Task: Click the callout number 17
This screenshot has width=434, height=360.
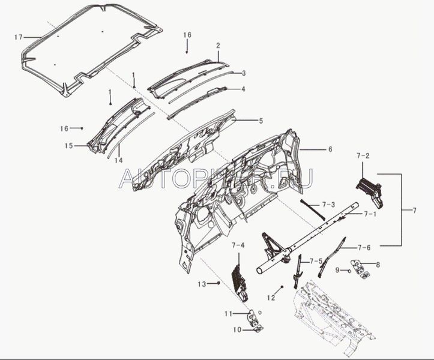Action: [x=18, y=37]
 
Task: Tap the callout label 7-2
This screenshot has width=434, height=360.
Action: [x=363, y=156]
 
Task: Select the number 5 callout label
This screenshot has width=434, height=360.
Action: [x=261, y=121]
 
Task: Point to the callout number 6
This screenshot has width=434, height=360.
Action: [x=330, y=149]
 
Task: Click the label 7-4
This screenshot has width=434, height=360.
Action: [x=238, y=245]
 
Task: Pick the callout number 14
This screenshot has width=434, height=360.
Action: [x=118, y=160]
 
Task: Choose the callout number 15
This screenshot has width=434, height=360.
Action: [x=69, y=146]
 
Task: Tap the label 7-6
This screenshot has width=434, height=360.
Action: [x=364, y=247]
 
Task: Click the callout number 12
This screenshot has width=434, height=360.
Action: [x=271, y=298]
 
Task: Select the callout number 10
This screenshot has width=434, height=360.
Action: [x=237, y=330]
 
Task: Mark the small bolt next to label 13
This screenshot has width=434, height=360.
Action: [x=219, y=283]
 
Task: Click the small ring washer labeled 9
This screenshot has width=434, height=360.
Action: [x=349, y=271]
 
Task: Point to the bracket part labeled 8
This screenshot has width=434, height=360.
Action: [x=360, y=268]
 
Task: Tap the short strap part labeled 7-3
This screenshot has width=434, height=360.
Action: [x=313, y=209]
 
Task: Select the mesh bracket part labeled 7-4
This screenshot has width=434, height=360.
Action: [x=240, y=283]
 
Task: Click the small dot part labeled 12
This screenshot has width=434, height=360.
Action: [x=282, y=287]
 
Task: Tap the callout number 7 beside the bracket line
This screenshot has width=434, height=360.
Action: [x=414, y=211]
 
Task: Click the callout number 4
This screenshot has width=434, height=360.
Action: [x=243, y=89]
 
